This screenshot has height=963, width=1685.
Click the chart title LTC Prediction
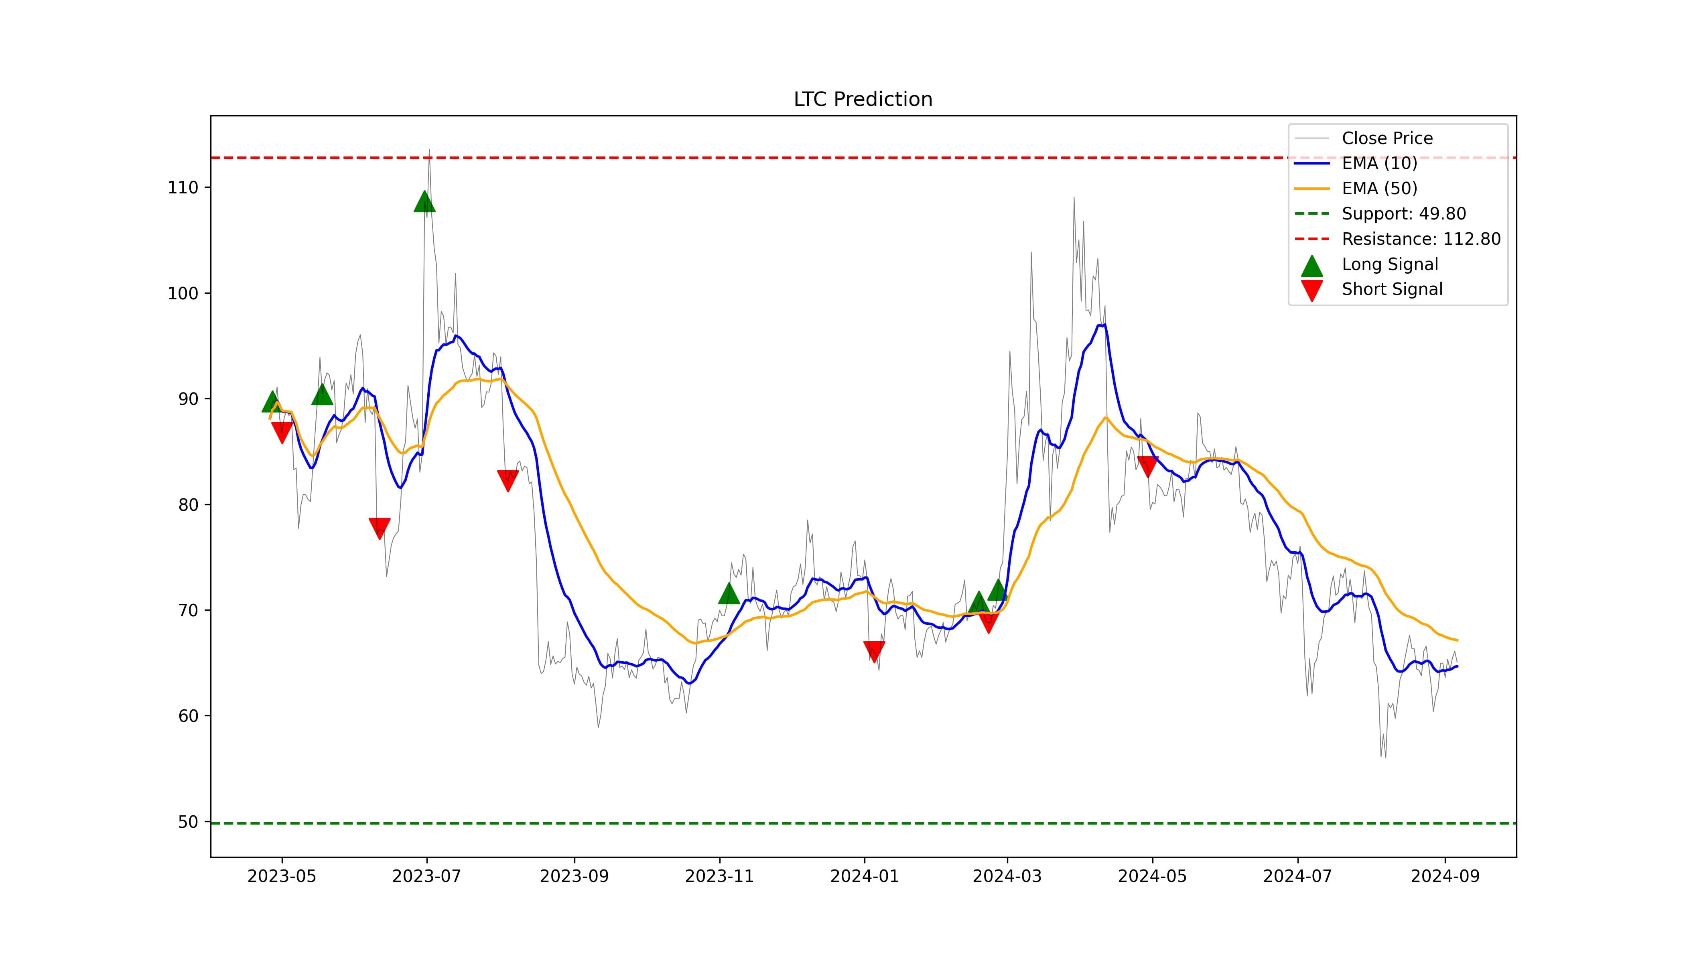point(863,99)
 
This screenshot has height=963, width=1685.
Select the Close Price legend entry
point(1387,138)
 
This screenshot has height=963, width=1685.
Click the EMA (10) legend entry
point(1379,163)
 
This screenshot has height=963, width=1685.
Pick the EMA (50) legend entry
point(1379,189)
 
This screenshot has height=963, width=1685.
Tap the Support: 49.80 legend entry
point(1403,213)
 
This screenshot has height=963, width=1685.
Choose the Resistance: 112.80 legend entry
point(1421,239)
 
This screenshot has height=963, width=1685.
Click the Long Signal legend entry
point(1389,264)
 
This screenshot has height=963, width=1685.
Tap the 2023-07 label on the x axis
point(426,876)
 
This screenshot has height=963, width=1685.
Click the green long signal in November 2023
point(729,594)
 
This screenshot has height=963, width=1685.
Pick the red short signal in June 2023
point(380,527)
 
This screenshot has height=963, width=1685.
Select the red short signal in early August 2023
point(507,479)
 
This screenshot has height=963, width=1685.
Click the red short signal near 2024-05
point(1147,465)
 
